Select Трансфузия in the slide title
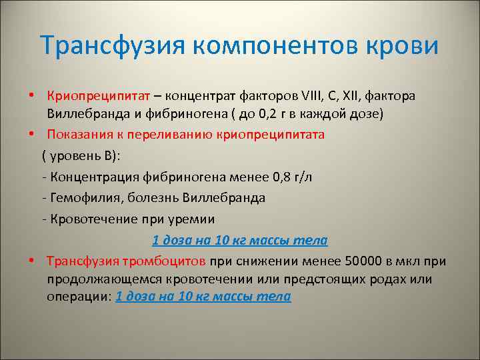pos(113,46)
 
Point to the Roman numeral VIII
pos(291,96)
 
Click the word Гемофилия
pos(83,198)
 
